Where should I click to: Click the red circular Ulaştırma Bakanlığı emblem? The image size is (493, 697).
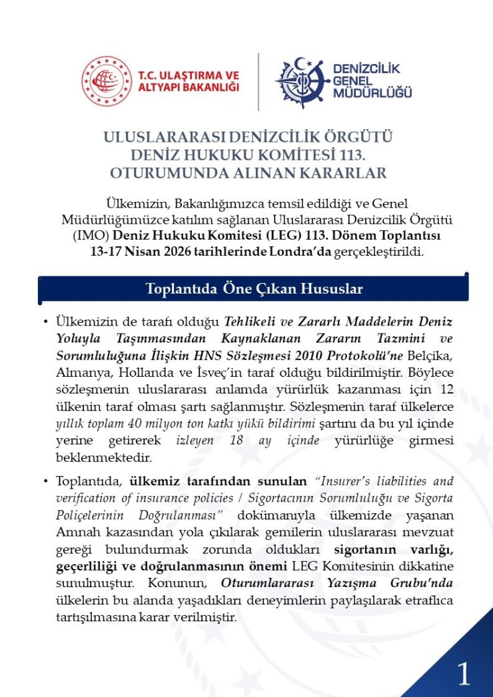[x=107, y=82]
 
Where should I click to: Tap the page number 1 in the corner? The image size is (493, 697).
[x=464, y=675]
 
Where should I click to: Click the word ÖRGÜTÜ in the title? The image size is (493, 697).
[x=359, y=138]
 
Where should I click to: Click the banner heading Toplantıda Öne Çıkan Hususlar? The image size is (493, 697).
[x=253, y=289]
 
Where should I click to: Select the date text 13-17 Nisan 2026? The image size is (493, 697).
[x=137, y=252]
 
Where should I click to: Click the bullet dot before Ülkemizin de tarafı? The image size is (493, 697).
[x=45, y=322]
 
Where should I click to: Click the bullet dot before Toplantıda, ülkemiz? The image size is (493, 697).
[x=45, y=481]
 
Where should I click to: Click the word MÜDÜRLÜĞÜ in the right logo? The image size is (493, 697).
[x=372, y=92]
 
